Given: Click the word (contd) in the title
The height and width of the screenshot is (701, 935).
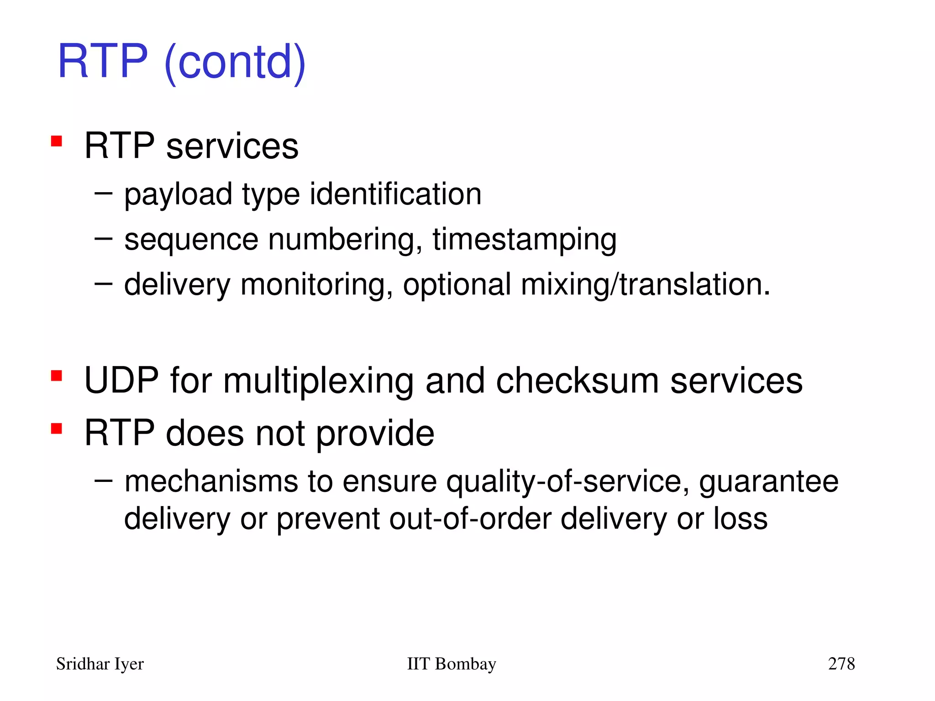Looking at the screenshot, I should tap(235, 62).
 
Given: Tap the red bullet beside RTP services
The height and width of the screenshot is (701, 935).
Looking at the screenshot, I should tap(57, 141).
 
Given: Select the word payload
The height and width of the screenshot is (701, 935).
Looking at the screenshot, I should tap(178, 195).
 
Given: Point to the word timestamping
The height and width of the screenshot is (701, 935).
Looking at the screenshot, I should tap(525, 240).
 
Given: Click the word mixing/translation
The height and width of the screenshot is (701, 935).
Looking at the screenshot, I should tap(646, 285).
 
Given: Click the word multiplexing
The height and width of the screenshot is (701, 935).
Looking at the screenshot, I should tap(318, 382).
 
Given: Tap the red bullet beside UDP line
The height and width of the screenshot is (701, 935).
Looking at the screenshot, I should tap(57, 376).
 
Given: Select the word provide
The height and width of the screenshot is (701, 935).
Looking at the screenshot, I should tap(375, 434).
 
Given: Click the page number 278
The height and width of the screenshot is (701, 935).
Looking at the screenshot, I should tap(841, 664).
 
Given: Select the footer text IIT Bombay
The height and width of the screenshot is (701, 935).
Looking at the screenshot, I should tap(451, 664).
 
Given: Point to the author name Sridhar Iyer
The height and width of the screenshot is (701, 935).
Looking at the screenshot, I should tap(100, 664).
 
